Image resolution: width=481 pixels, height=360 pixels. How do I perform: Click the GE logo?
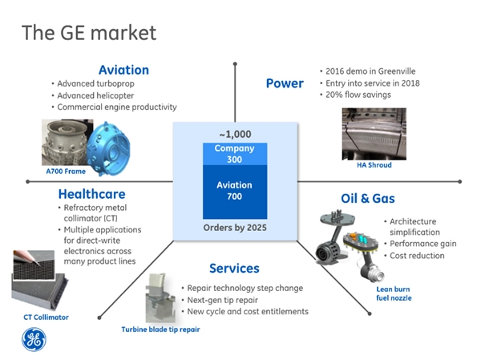34,339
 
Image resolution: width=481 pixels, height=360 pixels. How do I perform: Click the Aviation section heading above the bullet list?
123,70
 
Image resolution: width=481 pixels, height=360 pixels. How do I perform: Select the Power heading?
285,83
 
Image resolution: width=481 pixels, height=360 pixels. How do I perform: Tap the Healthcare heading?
91,194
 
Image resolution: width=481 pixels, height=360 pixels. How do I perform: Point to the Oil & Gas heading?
368,198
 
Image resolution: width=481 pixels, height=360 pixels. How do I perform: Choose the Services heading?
234,269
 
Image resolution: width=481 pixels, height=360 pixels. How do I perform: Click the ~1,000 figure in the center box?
235,134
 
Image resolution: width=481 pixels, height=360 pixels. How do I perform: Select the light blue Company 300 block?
235,154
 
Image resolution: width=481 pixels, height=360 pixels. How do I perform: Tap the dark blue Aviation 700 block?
235,192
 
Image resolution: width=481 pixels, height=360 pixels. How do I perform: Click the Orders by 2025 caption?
235,228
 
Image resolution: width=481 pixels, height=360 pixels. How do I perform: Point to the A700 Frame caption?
66,172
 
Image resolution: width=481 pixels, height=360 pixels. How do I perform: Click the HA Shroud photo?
374,134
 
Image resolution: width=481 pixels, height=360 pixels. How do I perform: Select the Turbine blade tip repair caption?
160,330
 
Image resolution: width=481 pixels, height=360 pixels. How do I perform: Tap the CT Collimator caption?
46,318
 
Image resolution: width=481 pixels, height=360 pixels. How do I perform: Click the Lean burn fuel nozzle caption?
394,293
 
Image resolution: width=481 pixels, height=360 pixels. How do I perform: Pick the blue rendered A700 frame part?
108,148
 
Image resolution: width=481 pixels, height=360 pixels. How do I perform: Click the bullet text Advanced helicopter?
95,95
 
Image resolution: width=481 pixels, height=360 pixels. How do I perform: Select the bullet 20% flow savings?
358,95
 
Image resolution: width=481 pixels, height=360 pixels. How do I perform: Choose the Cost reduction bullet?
417,256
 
